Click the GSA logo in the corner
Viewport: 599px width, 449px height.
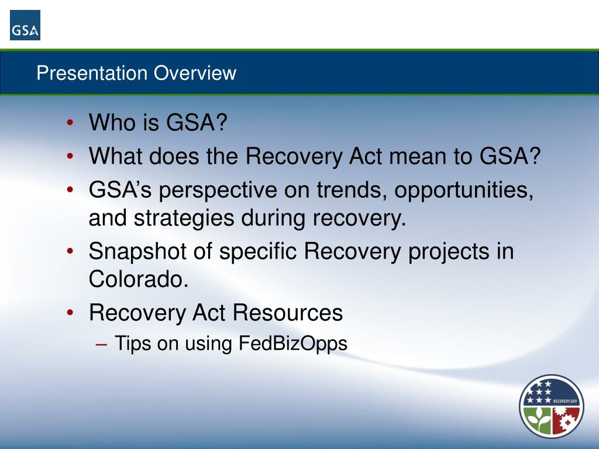pos(25,25)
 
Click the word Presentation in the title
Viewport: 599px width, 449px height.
pos(92,72)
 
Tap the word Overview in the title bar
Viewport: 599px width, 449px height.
pos(195,72)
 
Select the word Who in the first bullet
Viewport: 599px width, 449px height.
pos(109,122)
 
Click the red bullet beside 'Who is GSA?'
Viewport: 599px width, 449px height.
pos(70,123)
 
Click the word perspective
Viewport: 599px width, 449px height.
pos(218,190)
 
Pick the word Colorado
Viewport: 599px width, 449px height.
pos(139,279)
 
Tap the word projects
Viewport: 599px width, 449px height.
pos(449,252)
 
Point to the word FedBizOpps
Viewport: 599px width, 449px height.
pos(293,343)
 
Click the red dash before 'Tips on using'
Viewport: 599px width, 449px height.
pos(102,344)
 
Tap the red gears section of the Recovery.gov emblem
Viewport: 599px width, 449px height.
pos(566,420)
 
